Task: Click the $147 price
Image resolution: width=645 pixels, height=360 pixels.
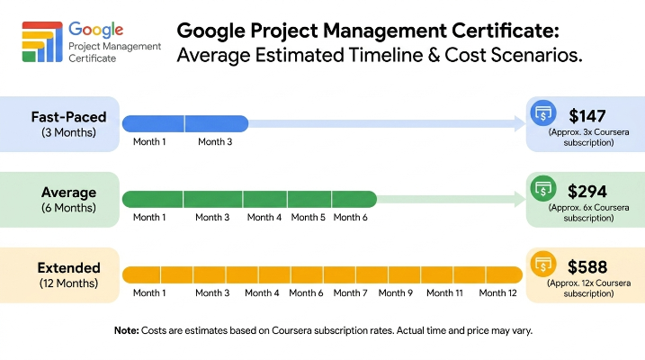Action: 587,116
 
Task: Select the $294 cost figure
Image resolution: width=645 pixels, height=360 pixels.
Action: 587,192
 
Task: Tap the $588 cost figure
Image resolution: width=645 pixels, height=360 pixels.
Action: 587,267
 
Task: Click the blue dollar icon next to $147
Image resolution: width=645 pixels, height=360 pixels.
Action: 543,112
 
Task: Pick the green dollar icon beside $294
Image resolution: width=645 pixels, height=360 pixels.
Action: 543,188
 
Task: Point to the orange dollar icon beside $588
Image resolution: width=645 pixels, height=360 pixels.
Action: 543,264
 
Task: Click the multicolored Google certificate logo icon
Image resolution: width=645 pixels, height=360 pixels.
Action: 42,41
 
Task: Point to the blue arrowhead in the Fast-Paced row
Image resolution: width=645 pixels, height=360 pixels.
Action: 520,123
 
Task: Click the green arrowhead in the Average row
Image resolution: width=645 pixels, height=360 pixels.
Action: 520,199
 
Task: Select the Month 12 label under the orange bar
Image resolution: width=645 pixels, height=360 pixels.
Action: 497,292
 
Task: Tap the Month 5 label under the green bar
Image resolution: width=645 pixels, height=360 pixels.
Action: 308,217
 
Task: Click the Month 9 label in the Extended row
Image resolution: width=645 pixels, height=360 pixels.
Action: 395,292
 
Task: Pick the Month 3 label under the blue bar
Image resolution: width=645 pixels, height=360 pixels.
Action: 215,142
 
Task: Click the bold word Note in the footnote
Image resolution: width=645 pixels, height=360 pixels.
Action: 127,331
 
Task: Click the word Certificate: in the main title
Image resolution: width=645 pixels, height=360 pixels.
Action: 506,31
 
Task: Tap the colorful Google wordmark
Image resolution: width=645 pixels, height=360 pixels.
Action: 96,30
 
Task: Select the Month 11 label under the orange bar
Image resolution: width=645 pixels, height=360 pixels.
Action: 444,292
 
